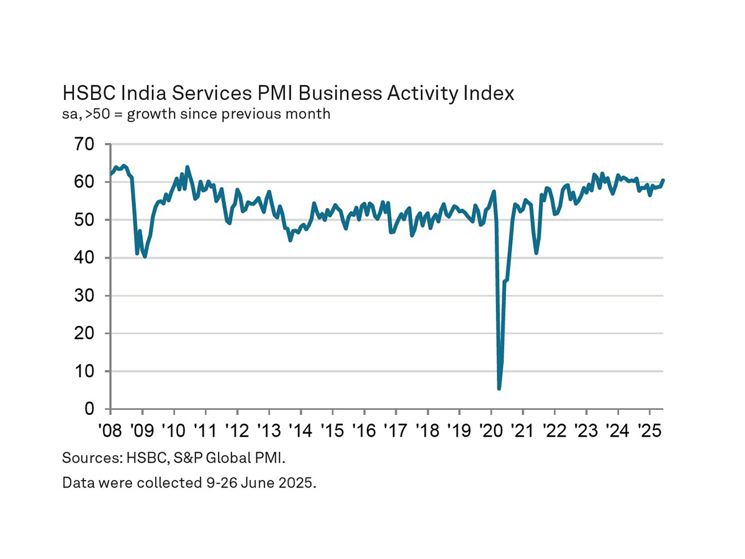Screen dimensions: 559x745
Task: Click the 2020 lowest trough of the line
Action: tap(499, 388)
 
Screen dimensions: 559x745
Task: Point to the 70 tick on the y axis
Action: tap(85, 145)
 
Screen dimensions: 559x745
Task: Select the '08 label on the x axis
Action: tap(110, 430)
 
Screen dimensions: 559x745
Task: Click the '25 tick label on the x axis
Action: tap(649, 430)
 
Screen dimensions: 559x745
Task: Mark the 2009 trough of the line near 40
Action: tap(145, 256)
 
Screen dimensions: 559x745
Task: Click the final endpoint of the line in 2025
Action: tap(663, 180)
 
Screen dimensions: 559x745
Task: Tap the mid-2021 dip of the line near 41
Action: tap(536, 253)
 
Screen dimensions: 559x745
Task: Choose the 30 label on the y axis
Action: tap(85, 296)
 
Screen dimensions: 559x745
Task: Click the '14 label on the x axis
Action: tap(300, 430)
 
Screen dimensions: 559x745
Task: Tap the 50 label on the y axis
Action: tap(85, 220)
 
